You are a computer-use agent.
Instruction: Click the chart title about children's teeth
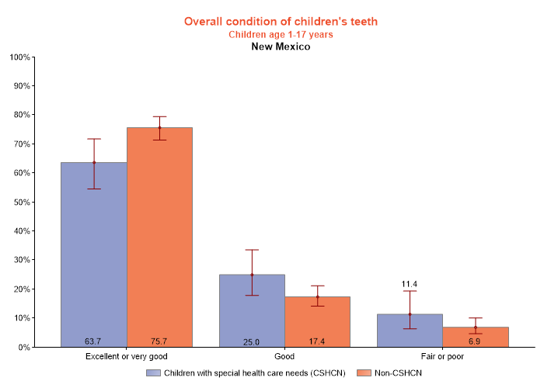tap(281, 22)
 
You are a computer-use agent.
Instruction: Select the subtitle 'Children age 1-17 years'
tap(281, 34)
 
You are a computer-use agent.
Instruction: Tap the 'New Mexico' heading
tap(281, 47)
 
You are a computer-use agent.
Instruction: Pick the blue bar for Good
tap(252, 310)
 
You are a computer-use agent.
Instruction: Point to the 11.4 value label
tap(410, 284)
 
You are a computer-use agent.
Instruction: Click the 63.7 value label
tap(94, 341)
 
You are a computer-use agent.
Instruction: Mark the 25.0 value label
tap(252, 341)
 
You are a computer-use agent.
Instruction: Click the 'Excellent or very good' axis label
tap(127, 357)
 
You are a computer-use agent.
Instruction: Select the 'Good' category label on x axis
tap(284, 357)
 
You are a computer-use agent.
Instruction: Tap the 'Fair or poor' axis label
tap(442, 357)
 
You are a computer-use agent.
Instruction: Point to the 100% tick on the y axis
tap(19, 57)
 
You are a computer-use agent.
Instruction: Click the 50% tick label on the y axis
tap(21, 202)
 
